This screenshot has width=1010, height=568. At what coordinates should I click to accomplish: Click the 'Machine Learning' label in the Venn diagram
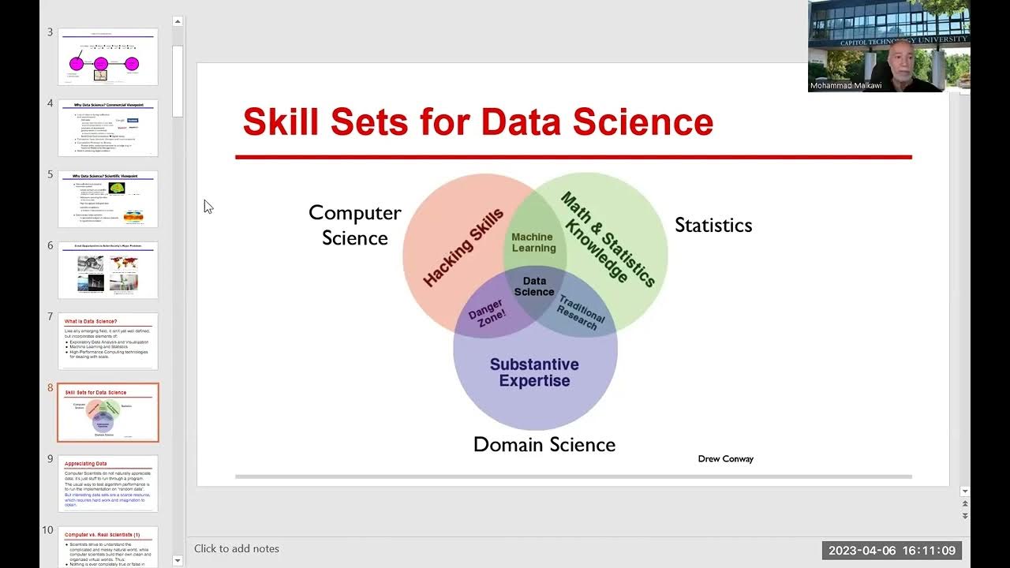[x=533, y=242]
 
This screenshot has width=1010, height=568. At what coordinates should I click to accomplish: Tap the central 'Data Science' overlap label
[x=534, y=286]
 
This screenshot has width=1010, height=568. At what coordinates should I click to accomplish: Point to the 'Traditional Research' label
[x=578, y=312]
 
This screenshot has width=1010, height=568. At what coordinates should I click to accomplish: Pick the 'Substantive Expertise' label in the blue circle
[x=534, y=372]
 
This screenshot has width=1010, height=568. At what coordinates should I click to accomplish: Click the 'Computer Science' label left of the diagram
[x=354, y=225]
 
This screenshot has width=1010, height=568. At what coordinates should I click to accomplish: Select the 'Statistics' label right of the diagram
[x=713, y=226]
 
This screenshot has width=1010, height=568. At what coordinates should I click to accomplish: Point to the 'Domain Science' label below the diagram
[x=544, y=445]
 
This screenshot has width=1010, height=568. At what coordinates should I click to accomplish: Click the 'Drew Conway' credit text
[x=725, y=459]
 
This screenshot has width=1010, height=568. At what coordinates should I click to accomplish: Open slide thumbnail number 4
[x=108, y=128]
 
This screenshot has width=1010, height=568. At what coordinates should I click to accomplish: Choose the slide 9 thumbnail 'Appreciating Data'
[x=108, y=483]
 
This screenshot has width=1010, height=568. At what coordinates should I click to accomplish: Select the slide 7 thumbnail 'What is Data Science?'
[x=108, y=341]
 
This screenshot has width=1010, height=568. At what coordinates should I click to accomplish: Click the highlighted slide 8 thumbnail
[x=108, y=413]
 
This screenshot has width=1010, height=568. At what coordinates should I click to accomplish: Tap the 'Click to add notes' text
[x=237, y=549]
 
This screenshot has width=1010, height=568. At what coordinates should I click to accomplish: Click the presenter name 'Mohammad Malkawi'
[x=846, y=86]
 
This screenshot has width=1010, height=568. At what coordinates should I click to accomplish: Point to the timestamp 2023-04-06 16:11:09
[x=892, y=551]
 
